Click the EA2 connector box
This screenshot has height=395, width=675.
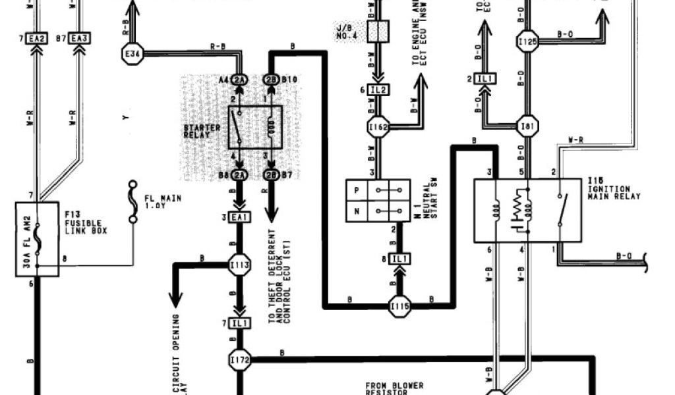[x=37, y=39]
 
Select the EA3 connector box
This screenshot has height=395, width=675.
[x=80, y=39]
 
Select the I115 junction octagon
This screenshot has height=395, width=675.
[x=400, y=306]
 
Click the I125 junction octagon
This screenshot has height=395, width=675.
[x=527, y=41]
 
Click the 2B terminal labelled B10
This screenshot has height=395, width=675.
[x=272, y=80]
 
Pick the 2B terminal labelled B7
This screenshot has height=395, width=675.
[x=272, y=174]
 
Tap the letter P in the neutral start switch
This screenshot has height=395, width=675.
[x=357, y=188]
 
